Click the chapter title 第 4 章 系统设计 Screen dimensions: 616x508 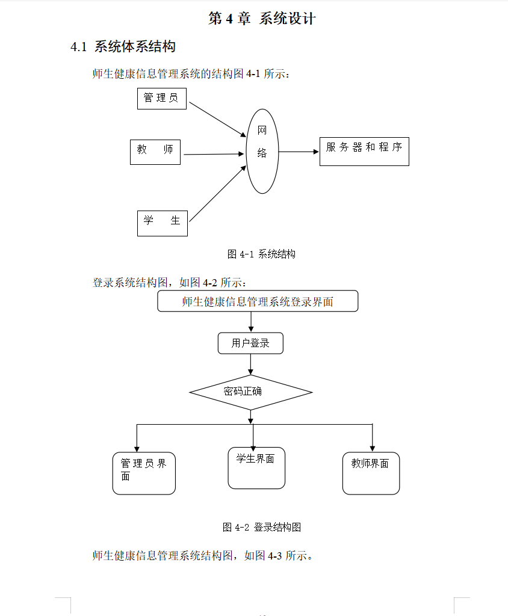tap(262, 19)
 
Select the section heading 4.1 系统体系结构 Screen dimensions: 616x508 tap(123, 47)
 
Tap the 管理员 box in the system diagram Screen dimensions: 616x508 tap(161, 98)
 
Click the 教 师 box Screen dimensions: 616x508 tap(155, 152)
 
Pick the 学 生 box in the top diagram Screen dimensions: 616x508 tap(162, 223)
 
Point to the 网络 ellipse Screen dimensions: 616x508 tap(262, 151)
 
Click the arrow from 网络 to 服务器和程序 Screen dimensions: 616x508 tap(299, 152)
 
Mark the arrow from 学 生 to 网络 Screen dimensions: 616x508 tap(217, 192)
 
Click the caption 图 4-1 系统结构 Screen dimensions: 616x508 tap(261, 254)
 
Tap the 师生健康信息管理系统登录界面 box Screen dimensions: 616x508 tap(258, 301)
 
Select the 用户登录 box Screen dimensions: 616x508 tap(250, 343)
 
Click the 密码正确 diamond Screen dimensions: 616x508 tap(250, 392)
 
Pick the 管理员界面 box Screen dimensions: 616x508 tap(144, 473)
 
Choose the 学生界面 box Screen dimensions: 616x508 tap(256, 468)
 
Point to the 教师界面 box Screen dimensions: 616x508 tap(371, 473)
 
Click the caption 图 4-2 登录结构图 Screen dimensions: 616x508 tap(262, 528)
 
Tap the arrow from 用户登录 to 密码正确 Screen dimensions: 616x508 tap(250, 363)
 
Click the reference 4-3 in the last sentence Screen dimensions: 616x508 tap(274, 556)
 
